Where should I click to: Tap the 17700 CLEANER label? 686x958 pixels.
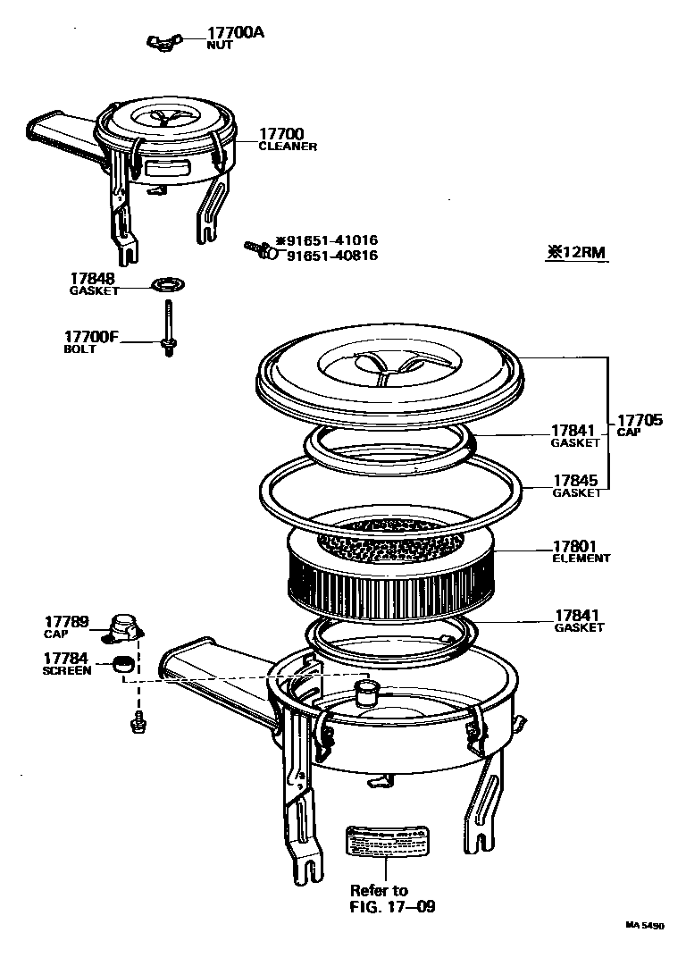[286, 139]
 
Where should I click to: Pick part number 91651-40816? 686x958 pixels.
[331, 256]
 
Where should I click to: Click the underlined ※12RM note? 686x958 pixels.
[576, 253]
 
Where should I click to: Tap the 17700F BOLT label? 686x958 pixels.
[91, 341]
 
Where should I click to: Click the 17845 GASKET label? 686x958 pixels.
[577, 486]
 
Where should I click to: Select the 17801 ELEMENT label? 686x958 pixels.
[581, 551]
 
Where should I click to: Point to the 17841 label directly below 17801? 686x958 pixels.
[578, 620]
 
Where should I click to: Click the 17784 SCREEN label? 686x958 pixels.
[67, 663]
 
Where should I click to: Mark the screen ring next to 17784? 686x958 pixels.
[123, 664]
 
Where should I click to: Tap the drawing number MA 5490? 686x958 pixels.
[644, 927]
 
